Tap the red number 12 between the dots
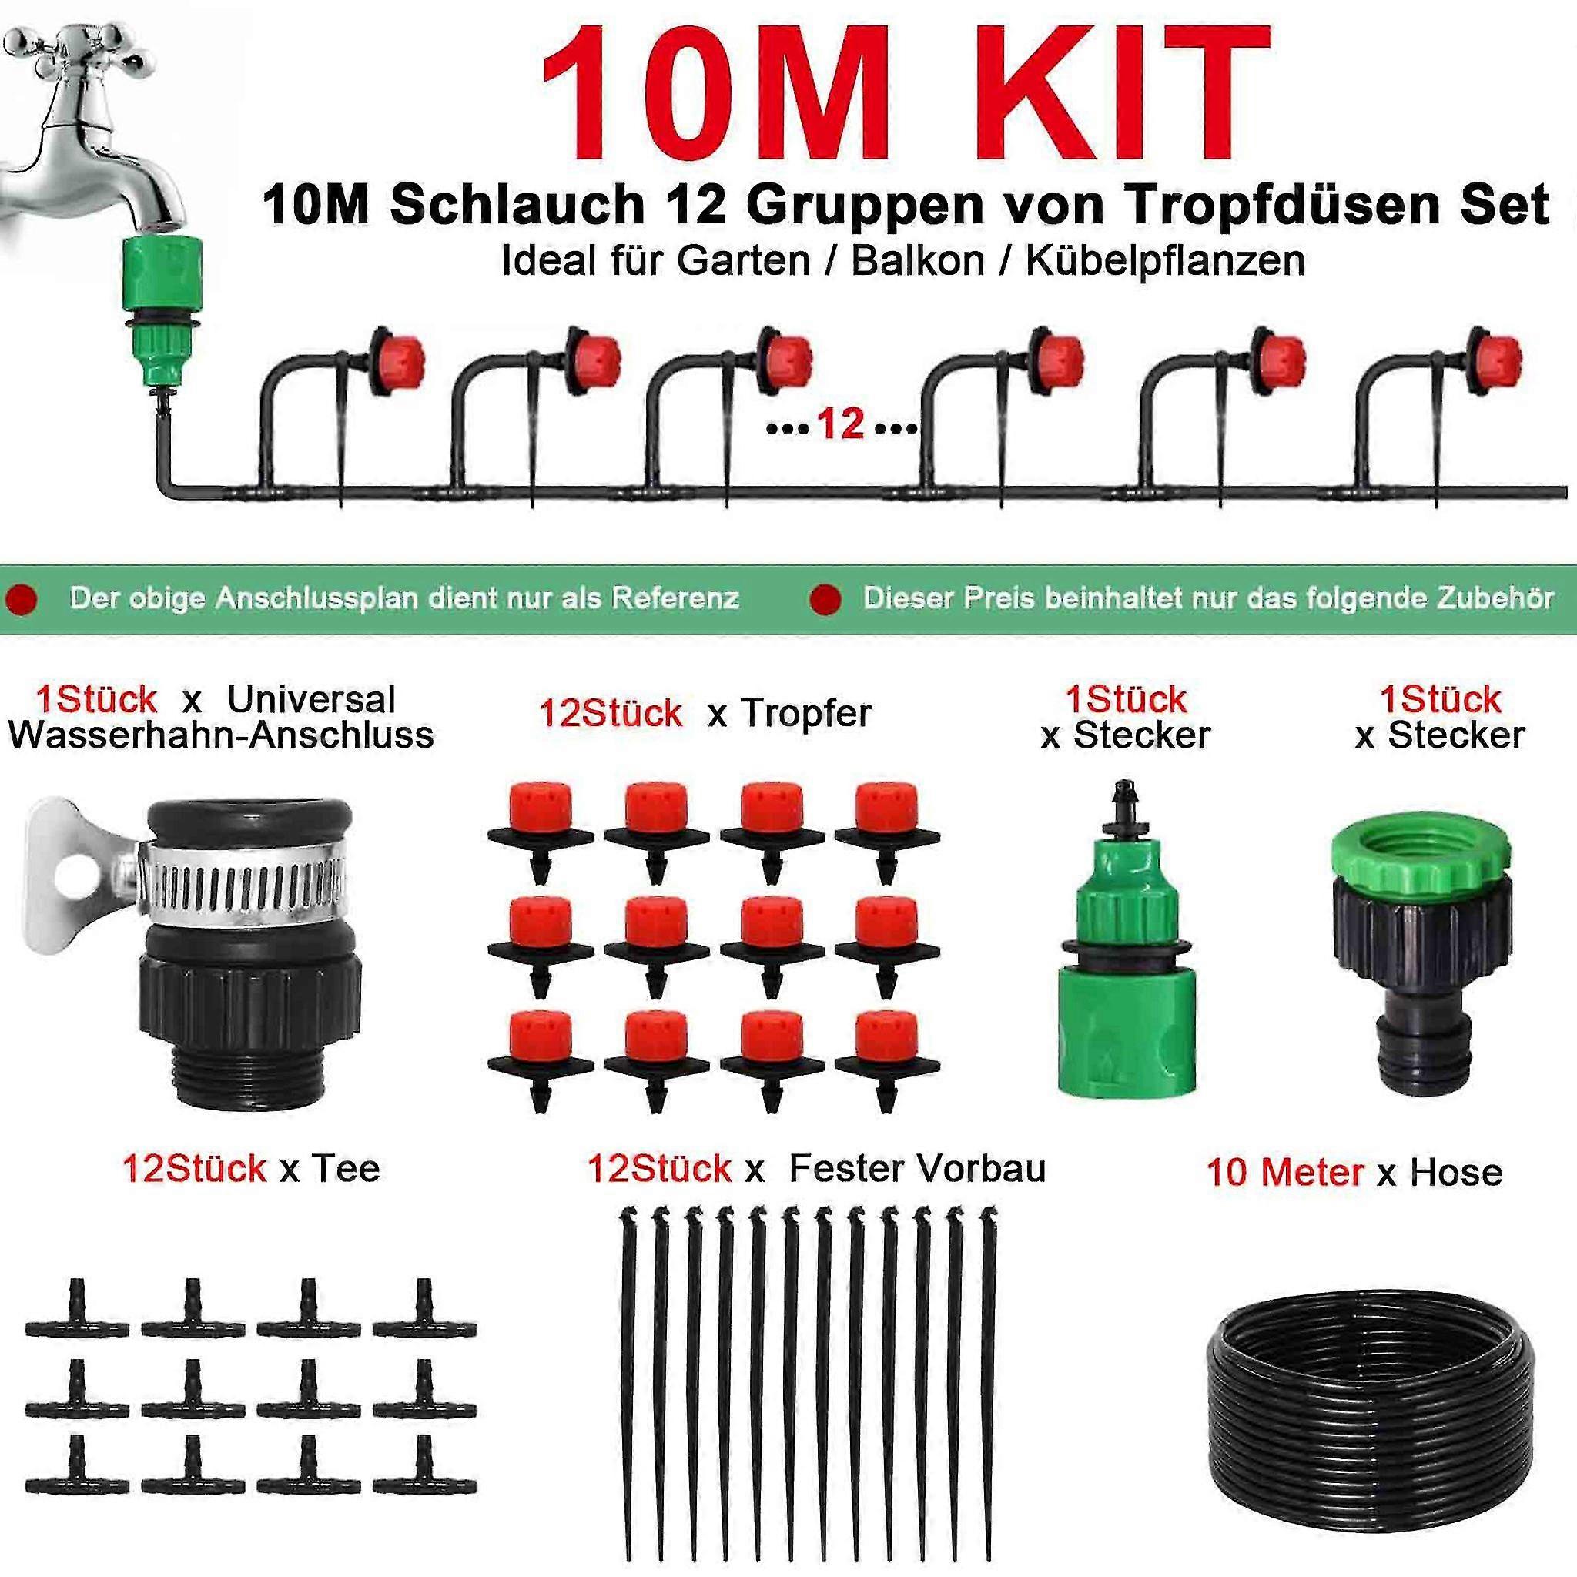coord(840,424)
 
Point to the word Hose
coord(1456,1173)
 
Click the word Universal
coord(312,699)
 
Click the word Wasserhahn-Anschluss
coord(221,735)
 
